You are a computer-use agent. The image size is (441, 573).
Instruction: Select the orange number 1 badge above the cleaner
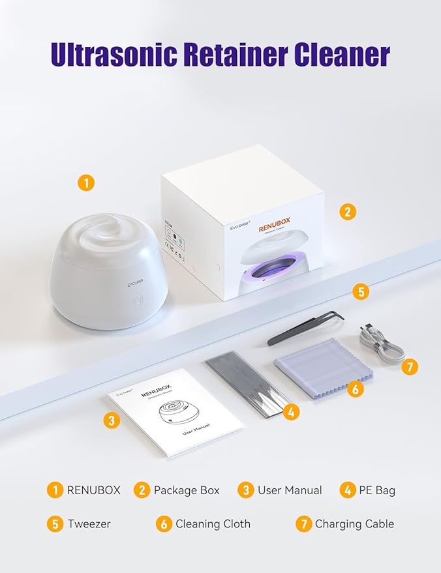(85, 182)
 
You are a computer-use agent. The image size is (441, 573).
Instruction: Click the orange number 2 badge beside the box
(348, 211)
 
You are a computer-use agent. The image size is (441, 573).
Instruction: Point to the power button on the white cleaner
(138, 302)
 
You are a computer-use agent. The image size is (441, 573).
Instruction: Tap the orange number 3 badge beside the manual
(112, 420)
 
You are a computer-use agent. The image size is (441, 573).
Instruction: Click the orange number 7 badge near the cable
(409, 367)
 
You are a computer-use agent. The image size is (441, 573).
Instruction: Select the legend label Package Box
(186, 490)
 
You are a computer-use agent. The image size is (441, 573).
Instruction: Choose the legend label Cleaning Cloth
(213, 523)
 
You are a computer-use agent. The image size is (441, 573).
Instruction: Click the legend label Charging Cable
(354, 523)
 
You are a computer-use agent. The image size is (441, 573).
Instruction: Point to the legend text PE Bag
(377, 490)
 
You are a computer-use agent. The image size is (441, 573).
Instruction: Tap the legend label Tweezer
(89, 523)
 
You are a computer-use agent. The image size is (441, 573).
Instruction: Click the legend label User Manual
(290, 490)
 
